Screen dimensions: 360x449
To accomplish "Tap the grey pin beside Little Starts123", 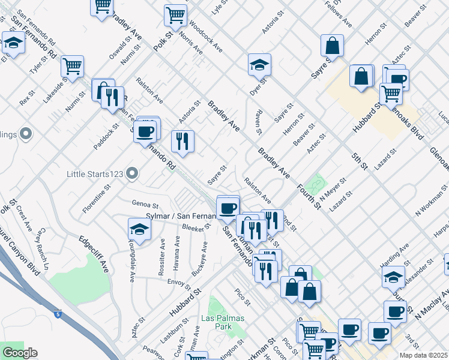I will click(x=133, y=174).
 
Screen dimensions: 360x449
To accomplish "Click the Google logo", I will click(x=19, y=353).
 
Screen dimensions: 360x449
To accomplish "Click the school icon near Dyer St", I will click(x=259, y=64).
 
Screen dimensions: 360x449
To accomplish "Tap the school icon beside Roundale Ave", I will click(x=139, y=229).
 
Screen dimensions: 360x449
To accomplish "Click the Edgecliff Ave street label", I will click(x=94, y=254).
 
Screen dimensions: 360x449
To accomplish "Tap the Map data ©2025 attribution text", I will click(x=424, y=354).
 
